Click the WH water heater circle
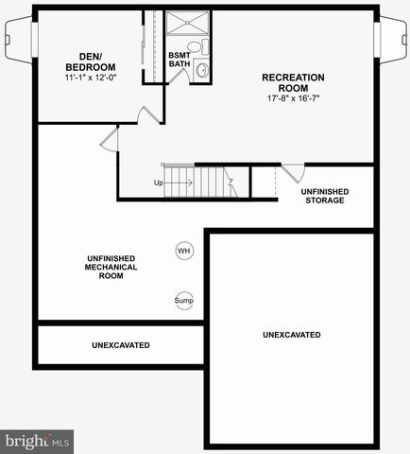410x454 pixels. pos(183,251)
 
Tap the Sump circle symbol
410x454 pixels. pos(183,301)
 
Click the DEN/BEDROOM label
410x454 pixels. pos(90,61)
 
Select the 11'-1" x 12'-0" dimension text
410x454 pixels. pos(91,79)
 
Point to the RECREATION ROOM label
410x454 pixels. pos(293,82)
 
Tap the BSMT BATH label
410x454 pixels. pos(179,60)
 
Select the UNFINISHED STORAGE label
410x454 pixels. pos(324,196)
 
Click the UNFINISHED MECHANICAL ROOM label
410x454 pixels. pos(111,267)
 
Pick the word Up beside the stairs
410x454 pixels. pos(159,183)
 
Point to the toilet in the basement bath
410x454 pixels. pos(196,47)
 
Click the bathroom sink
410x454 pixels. pos(202,70)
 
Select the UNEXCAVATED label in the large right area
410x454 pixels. pos(292,335)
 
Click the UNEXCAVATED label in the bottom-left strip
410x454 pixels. pos(121,345)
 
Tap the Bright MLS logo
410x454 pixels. pos(38,441)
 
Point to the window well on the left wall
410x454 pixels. pos(19,42)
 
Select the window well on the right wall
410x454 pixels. pos(391,42)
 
